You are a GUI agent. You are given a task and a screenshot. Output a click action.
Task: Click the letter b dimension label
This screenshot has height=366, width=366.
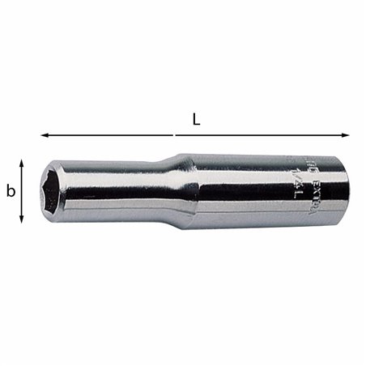pos(11,192)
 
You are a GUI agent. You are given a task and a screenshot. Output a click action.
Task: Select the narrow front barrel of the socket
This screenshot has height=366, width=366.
pos(121,192)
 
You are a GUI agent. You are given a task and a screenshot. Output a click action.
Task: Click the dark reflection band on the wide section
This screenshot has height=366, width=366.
pos(259,202)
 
